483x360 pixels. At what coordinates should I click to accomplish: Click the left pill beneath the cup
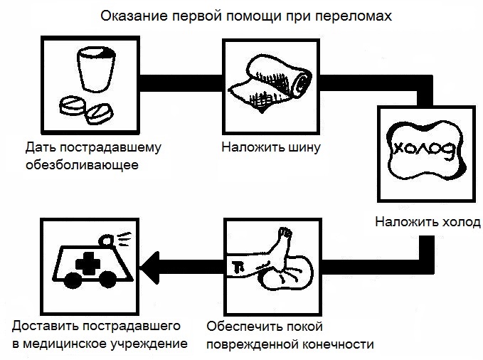pyautogui.click(x=74, y=105)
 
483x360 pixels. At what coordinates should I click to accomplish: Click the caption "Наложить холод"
pyautogui.click(x=428, y=221)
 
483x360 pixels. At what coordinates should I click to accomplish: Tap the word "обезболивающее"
pyautogui.click(x=81, y=166)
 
